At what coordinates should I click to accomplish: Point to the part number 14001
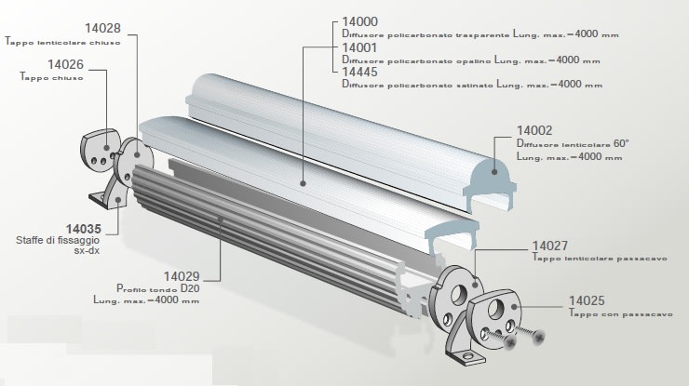(x=359, y=47)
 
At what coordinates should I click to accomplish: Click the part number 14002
(x=535, y=131)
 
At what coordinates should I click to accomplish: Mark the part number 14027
(x=549, y=246)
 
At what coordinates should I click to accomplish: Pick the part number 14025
(x=586, y=301)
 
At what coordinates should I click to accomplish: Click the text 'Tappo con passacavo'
(x=615, y=314)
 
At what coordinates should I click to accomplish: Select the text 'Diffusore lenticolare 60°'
(x=574, y=144)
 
